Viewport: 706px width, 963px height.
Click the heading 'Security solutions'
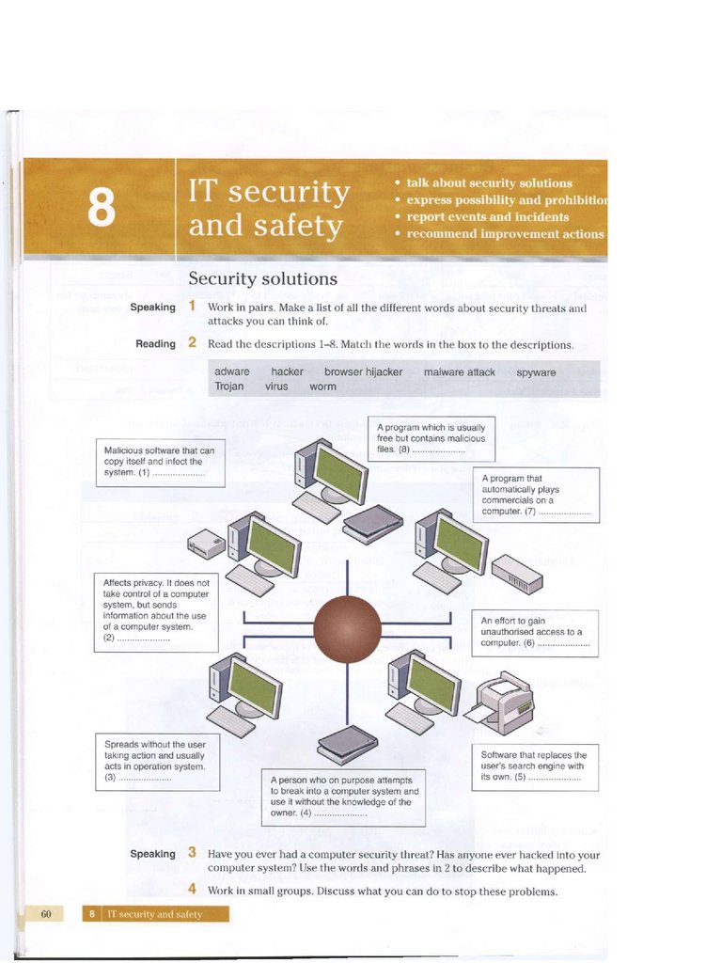(x=262, y=279)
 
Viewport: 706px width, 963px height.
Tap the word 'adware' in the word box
(x=232, y=372)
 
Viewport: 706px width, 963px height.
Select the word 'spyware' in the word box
(x=536, y=372)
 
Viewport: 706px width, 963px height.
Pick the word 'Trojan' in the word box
(x=229, y=387)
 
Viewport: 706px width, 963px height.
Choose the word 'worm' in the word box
(x=322, y=387)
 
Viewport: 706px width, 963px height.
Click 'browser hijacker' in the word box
(x=363, y=372)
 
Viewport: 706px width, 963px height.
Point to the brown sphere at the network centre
(x=347, y=629)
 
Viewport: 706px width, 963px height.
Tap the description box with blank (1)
(x=160, y=462)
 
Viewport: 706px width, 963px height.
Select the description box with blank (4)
(x=343, y=797)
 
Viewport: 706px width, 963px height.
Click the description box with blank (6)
(x=534, y=632)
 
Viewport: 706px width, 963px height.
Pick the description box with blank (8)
(x=431, y=438)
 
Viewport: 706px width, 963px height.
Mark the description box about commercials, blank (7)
(x=535, y=495)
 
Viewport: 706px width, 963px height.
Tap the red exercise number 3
(x=192, y=853)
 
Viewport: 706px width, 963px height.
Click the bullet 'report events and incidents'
(x=487, y=216)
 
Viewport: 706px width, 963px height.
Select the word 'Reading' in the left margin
(x=155, y=344)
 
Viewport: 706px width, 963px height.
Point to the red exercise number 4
(x=192, y=889)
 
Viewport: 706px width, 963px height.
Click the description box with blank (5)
(x=533, y=766)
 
